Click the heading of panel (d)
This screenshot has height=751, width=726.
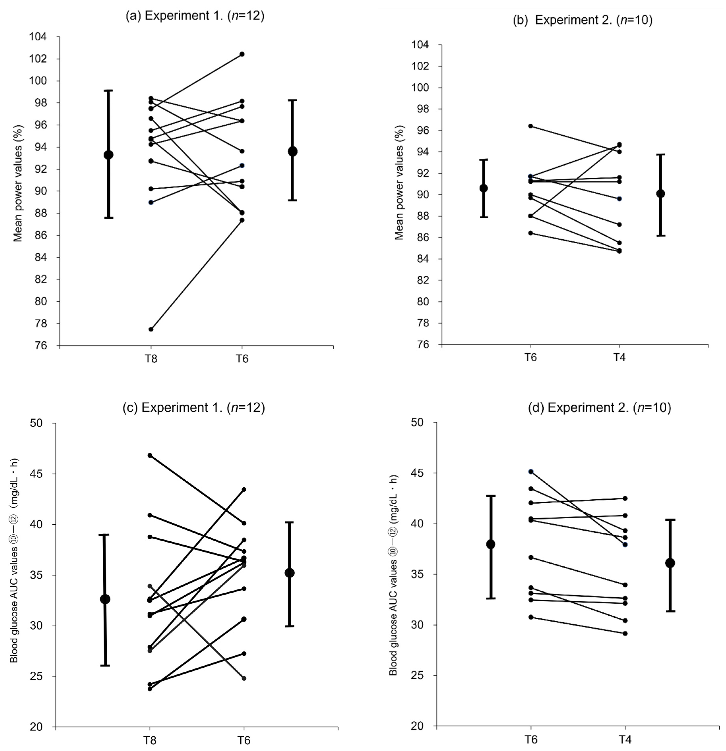point(599,407)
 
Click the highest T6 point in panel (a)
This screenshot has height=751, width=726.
point(242,54)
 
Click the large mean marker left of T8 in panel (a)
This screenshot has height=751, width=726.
point(108,155)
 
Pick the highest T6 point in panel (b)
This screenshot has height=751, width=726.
point(531,126)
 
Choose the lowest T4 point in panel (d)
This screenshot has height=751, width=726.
point(625,633)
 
